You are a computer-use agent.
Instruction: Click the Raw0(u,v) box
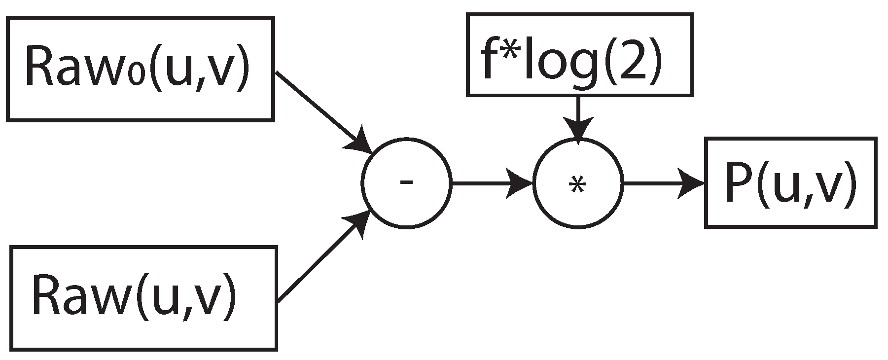tap(140, 69)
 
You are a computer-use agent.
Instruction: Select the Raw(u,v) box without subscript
tap(143, 298)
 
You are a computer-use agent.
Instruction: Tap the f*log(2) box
tap(579, 54)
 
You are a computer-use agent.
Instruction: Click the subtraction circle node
tap(406, 183)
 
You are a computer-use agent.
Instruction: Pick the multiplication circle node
tap(578, 183)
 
